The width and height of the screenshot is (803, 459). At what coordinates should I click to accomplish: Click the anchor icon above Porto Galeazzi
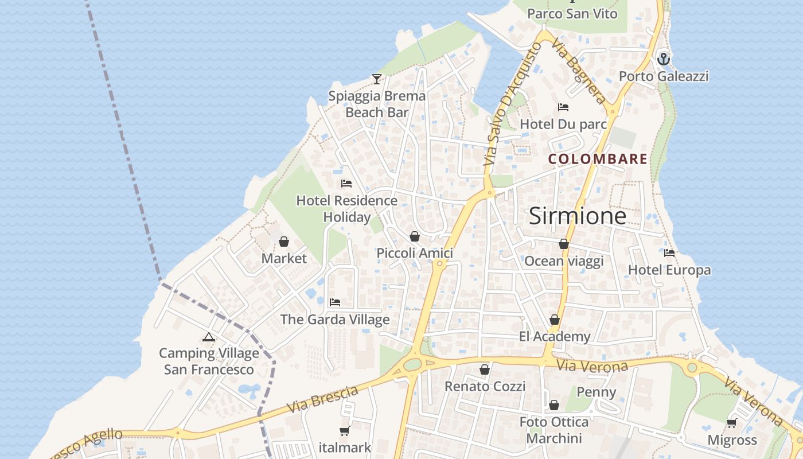click(664, 59)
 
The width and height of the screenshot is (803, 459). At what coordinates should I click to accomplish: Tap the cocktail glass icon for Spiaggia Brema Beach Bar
click(377, 79)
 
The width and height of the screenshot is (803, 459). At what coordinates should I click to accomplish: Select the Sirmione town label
click(577, 216)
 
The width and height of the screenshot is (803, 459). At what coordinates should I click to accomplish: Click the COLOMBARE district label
click(598, 159)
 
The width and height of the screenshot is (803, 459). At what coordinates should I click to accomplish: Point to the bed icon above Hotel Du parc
click(563, 107)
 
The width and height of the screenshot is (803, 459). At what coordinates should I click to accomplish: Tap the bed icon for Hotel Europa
click(669, 253)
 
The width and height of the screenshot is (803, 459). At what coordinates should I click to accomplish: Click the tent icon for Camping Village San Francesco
click(209, 337)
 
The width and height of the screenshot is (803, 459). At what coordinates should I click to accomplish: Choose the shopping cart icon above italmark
click(345, 431)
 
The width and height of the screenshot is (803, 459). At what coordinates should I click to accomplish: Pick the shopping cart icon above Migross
click(731, 423)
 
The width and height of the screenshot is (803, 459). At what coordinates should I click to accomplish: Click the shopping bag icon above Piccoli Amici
click(415, 236)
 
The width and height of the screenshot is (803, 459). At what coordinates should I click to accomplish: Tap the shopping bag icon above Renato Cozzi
click(485, 369)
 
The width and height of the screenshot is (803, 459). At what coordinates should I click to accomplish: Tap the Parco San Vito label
click(572, 13)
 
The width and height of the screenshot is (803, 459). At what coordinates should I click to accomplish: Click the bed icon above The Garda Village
click(335, 302)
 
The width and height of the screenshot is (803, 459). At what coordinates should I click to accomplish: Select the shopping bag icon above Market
click(284, 242)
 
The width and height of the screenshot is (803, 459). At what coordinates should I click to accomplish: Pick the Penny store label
click(596, 392)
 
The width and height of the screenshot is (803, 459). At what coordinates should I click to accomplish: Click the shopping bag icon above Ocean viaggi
click(564, 244)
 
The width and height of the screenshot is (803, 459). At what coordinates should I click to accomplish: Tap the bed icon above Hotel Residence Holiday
click(346, 184)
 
